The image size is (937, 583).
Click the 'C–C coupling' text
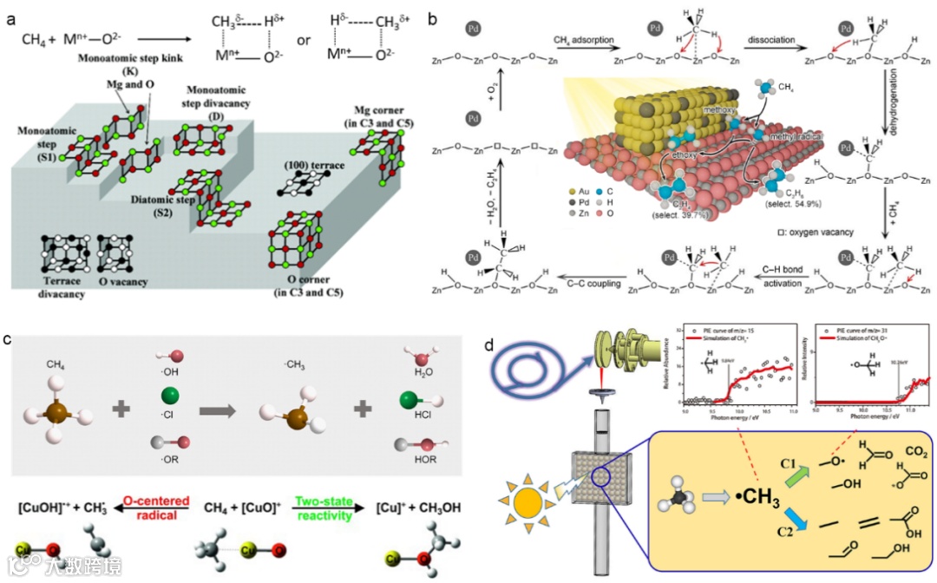584,285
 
